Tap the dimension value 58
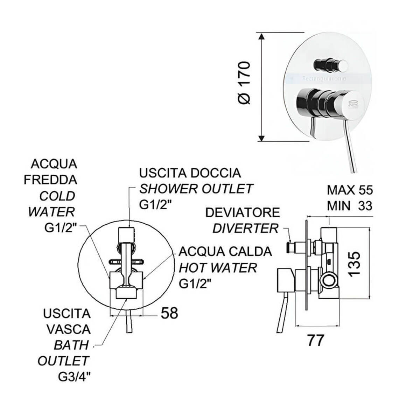click(x=169, y=313)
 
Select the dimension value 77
click(x=315, y=340)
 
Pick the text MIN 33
click(x=350, y=206)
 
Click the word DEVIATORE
click(x=243, y=212)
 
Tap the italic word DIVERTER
click(x=245, y=229)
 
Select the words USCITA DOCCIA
click(x=190, y=173)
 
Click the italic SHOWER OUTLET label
click(x=196, y=189)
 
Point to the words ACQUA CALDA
click(x=225, y=251)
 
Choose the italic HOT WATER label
click(x=218, y=268)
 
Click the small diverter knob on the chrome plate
click(x=331, y=64)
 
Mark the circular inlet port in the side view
click(x=329, y=280)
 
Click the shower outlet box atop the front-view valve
click(x=126, y=233)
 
